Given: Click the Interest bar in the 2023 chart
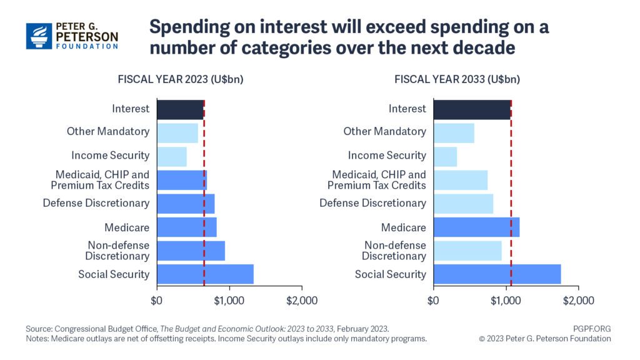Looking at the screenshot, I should (x=180, y=109).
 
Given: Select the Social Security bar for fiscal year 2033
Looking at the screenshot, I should (x=497, y=274).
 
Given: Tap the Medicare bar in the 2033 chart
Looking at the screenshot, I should (x=476, y=227).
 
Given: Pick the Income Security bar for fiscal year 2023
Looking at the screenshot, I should (x=172, y=156).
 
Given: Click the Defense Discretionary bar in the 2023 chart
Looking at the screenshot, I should (x=186, y=203).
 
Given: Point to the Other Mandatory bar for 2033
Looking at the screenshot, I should (x=454, y=132).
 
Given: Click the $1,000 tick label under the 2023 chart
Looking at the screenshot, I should (x=229, y=301).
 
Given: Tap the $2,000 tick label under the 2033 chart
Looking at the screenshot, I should (x=578, y=301).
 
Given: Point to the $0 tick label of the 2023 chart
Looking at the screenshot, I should (x=157, y=301).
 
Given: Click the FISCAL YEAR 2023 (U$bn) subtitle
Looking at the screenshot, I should (x=181, y=79).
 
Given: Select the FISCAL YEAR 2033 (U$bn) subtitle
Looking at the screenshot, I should (x=457, y=79).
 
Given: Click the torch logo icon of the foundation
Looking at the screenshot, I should (x=39, y=36).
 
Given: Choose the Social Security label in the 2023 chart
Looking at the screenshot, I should (x=114, y=274).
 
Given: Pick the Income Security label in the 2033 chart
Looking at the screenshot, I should (x=387, y=156).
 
